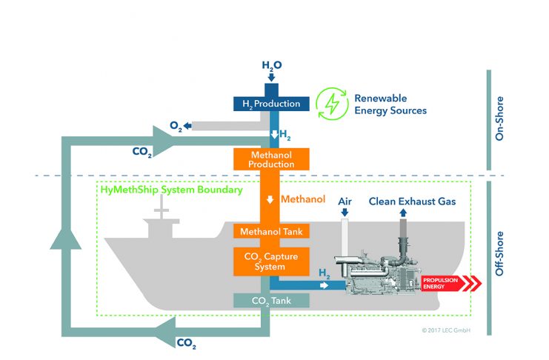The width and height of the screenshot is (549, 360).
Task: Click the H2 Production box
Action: point(271,104)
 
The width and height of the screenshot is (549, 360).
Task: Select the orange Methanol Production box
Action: point(271,159)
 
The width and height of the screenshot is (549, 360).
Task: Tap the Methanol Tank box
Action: point(271,231)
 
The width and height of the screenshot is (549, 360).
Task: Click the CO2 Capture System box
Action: point(271,261)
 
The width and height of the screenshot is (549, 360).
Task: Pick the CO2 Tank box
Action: point(271,301)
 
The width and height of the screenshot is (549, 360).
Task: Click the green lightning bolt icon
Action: point(332,104)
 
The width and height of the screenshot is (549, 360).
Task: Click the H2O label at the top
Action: point(272,65)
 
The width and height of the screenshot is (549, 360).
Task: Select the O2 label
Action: point(176,126)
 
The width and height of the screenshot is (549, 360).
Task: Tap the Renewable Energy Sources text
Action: point(390,104)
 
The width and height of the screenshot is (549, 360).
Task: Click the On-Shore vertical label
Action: point(499,119)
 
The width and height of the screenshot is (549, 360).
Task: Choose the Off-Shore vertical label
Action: point(499,253)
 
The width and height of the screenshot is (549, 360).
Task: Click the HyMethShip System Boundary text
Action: point(172,190)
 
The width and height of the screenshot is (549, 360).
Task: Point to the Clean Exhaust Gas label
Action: point(412,201)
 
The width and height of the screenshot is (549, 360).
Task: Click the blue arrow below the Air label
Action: point(345,212)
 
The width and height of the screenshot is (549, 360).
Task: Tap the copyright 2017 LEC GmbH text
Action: point(446,330)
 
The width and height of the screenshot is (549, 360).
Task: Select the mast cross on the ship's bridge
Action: point(161,208)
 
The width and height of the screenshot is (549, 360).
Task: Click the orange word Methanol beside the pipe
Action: point(303,199)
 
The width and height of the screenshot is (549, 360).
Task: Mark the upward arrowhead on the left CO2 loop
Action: point(66,238)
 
